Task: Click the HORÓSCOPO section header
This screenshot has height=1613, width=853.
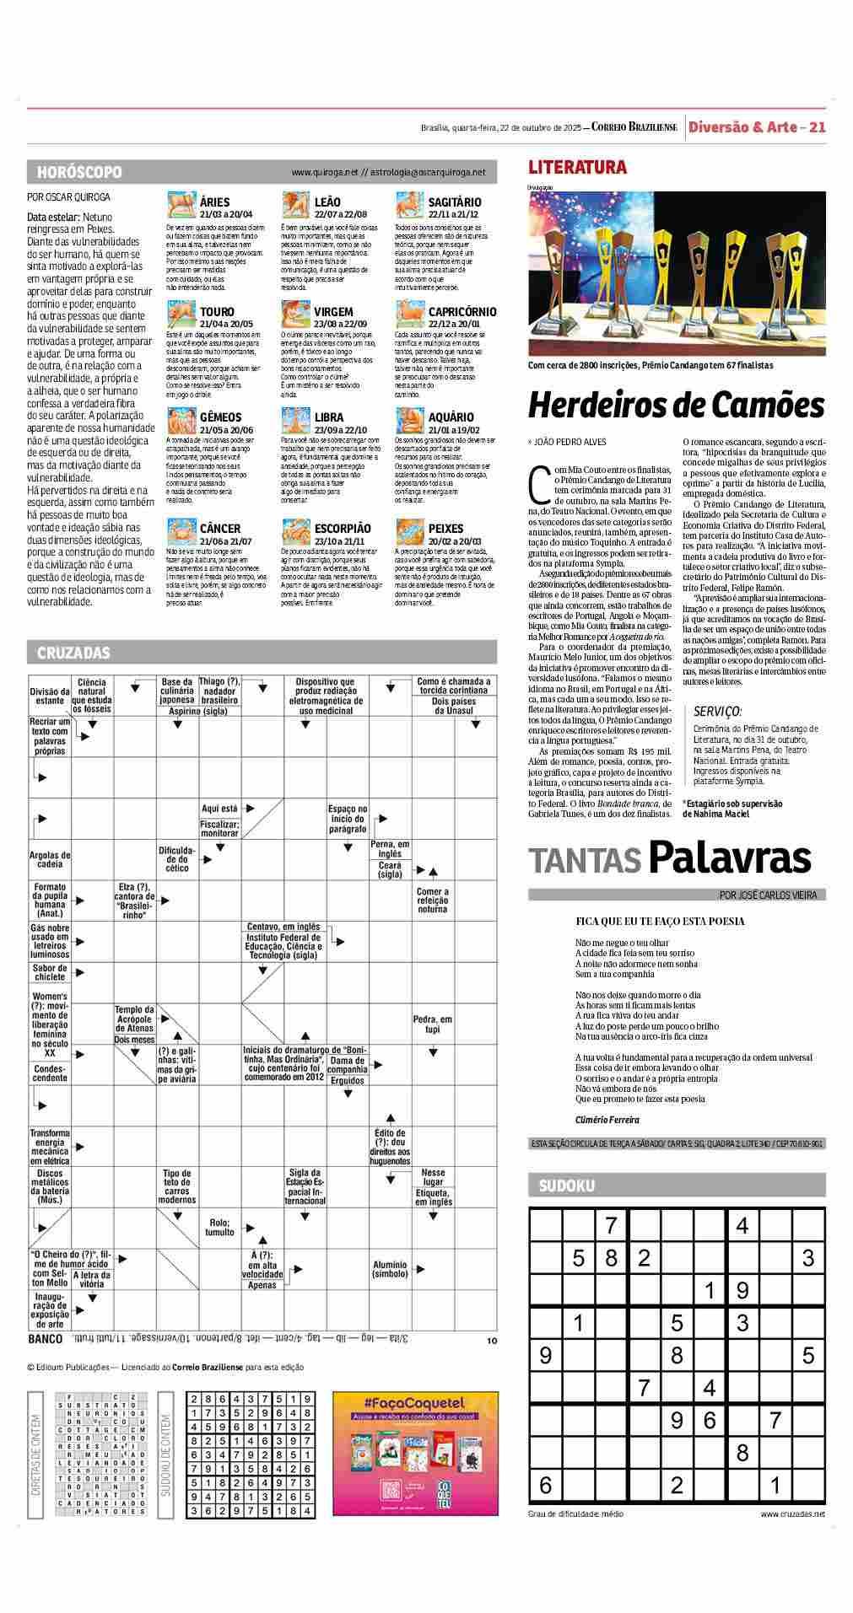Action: pos(79,172)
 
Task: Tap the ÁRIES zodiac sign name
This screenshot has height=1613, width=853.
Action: pos(215,202)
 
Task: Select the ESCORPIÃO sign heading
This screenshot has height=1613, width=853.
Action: pos(343,529)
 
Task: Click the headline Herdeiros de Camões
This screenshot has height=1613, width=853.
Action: pos(676,406)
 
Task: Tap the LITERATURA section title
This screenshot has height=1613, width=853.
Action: pos(577,168)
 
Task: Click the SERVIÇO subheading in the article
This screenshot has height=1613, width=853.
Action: pos(717,712)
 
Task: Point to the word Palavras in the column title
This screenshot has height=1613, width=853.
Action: pos(730,858)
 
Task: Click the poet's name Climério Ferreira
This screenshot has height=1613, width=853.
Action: pos(607,1120)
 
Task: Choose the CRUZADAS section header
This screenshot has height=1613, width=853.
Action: pos(73,653)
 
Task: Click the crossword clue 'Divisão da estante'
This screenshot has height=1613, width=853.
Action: pos(50,696)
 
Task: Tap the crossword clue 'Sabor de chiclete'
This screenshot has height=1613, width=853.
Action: pos(50,972)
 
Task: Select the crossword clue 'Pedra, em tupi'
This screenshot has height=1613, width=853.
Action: pos(433,1024)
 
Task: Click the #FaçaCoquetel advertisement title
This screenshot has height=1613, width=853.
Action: pos(415,1403)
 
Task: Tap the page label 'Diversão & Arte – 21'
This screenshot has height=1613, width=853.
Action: pos(756,127)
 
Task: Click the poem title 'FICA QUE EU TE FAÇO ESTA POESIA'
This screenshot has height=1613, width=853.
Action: pos(660,922)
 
